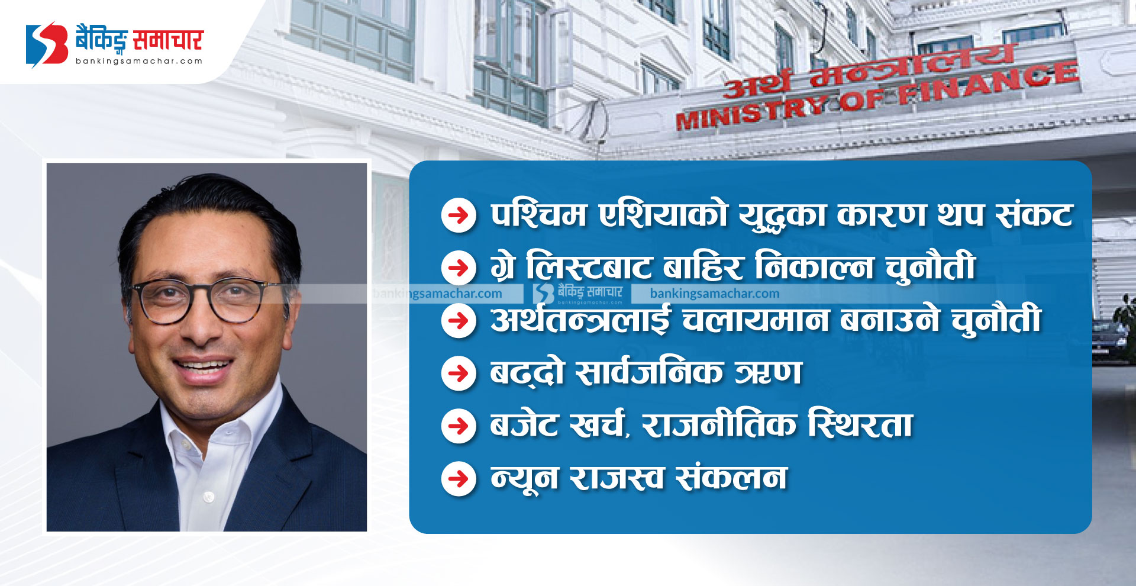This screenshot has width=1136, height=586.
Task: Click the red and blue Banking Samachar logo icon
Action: click(47, 44)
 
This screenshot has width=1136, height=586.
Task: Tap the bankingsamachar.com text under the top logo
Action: click(139, 61)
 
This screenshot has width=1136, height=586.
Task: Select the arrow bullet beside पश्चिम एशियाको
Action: click(459, 215)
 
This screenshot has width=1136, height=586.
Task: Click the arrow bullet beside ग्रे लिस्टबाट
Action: click(459, 268)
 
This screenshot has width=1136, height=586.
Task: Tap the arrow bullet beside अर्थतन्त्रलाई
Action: click(459, 321)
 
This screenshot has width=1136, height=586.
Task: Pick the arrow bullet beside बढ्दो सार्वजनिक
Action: click(459, 374)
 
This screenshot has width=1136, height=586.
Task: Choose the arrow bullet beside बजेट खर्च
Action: click(459, 426)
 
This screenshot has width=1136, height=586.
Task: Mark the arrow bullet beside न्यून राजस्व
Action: click(459, 479)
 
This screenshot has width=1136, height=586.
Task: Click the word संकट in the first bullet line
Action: click(1034, 214)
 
